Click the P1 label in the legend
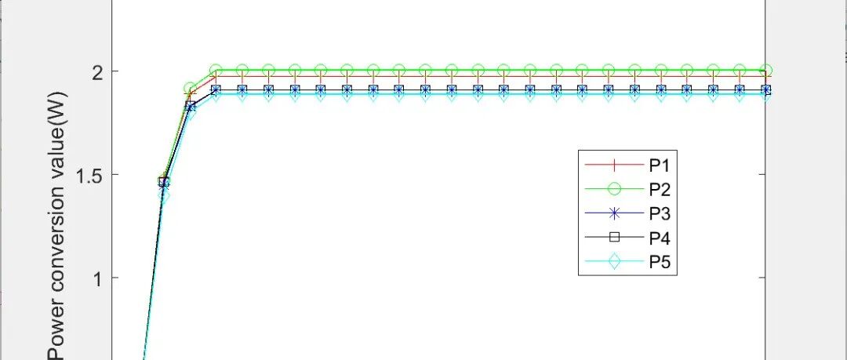[660, 165]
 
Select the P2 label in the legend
[660, 189]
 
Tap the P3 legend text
[660, 213]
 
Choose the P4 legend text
[660, 238]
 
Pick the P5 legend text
[660, 262]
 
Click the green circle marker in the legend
[614, 189]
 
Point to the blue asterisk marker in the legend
[614, 213]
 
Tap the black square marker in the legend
[614, 238]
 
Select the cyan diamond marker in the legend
[614, 262]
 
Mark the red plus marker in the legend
[614, 165]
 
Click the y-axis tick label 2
[98, 72]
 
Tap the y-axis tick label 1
[99, 278]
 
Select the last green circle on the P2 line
[766, 71]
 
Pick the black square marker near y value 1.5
[164, 182]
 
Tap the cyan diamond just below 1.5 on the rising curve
[164, 195]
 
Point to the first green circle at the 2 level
[216, 71]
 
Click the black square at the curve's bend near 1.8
[190, 106]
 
